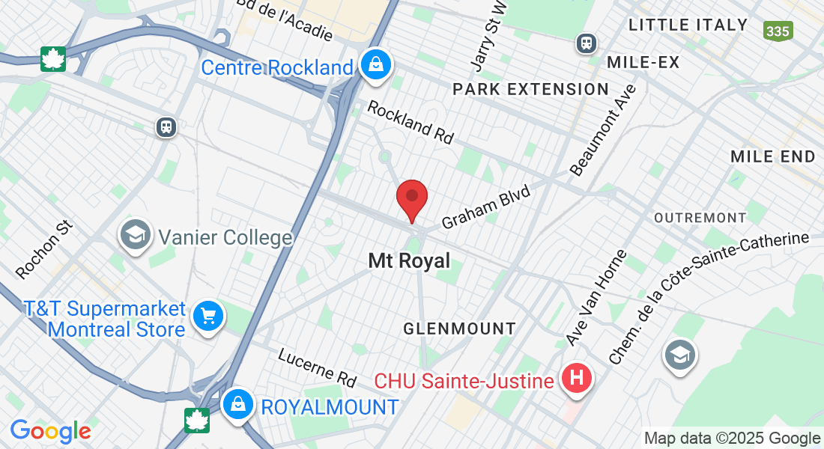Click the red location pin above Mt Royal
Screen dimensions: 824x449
[x=411, y=198]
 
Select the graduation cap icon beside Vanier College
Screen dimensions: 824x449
[x=136, y=236]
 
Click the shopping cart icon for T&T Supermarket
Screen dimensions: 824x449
[x=208, y=317]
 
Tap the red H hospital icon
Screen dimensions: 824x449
[x=576, y=379]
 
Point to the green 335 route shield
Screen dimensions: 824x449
[x=778, y=31]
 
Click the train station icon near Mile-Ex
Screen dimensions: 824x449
[x=586, y=43]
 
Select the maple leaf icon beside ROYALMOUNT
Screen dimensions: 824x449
[x=196, y=420]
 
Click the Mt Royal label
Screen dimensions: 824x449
[x=409, y=260]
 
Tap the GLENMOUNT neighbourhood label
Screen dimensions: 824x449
[x=459, y=329]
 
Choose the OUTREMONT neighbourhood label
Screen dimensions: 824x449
[x=700, y=218]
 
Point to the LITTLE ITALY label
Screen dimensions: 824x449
[x=688, y=25]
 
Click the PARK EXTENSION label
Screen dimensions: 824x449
[x=530, y=90]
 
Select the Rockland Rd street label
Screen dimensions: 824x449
[x=411, y=122]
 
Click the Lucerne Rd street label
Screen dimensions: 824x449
[x=318, y=367]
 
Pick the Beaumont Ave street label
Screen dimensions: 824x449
[x=603, y=129]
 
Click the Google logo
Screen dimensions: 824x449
[x=50, y=430]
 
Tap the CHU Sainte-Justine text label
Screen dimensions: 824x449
[x=464, y=381]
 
